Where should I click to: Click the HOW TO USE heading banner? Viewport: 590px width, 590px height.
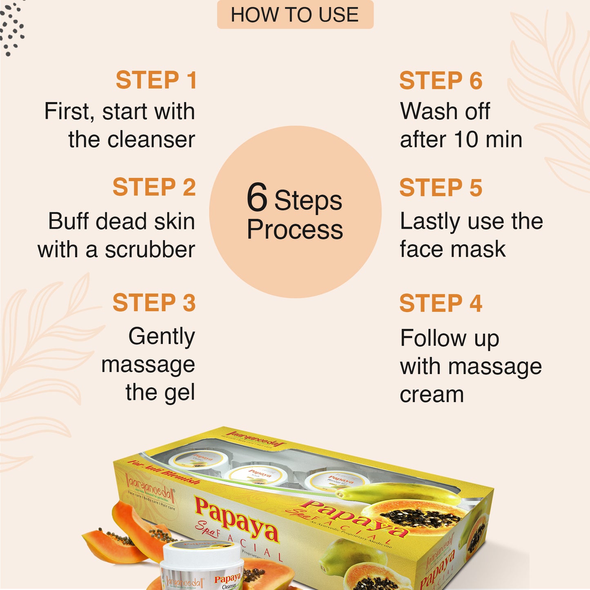[295, 15]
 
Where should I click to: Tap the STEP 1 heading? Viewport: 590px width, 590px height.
[156, 80]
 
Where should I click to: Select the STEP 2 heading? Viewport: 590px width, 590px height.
[154, 187]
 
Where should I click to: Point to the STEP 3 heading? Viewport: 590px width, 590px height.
[154, 303]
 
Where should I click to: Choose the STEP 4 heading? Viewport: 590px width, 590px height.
[441, 303]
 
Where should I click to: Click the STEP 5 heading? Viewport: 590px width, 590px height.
[441, 188]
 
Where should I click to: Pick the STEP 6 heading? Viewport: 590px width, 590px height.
[441, 80]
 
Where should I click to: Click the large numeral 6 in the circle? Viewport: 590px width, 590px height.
[257, 198]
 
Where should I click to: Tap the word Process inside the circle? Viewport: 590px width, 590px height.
[295, 229]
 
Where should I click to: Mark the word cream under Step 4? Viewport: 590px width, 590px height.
[432, 395]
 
